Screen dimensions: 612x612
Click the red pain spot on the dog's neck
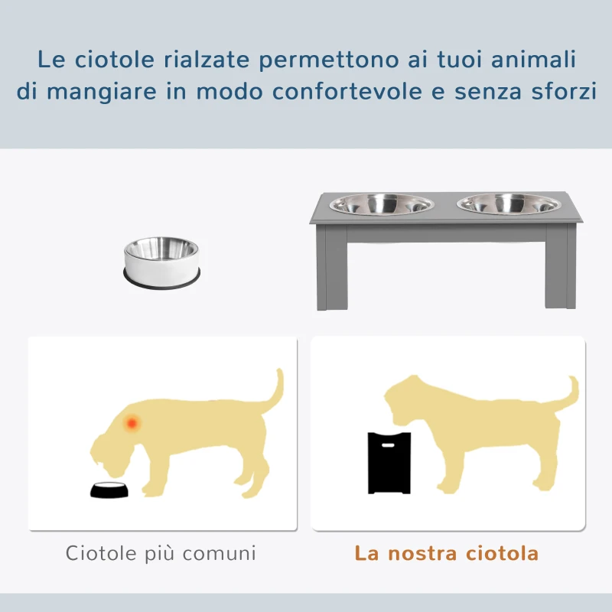(x=132, y=422)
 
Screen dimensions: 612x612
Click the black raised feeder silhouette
(x=389, y=462)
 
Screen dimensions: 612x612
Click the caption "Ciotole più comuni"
(x=161, y=553)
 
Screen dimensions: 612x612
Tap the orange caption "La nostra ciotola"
(x=447, y=553)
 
